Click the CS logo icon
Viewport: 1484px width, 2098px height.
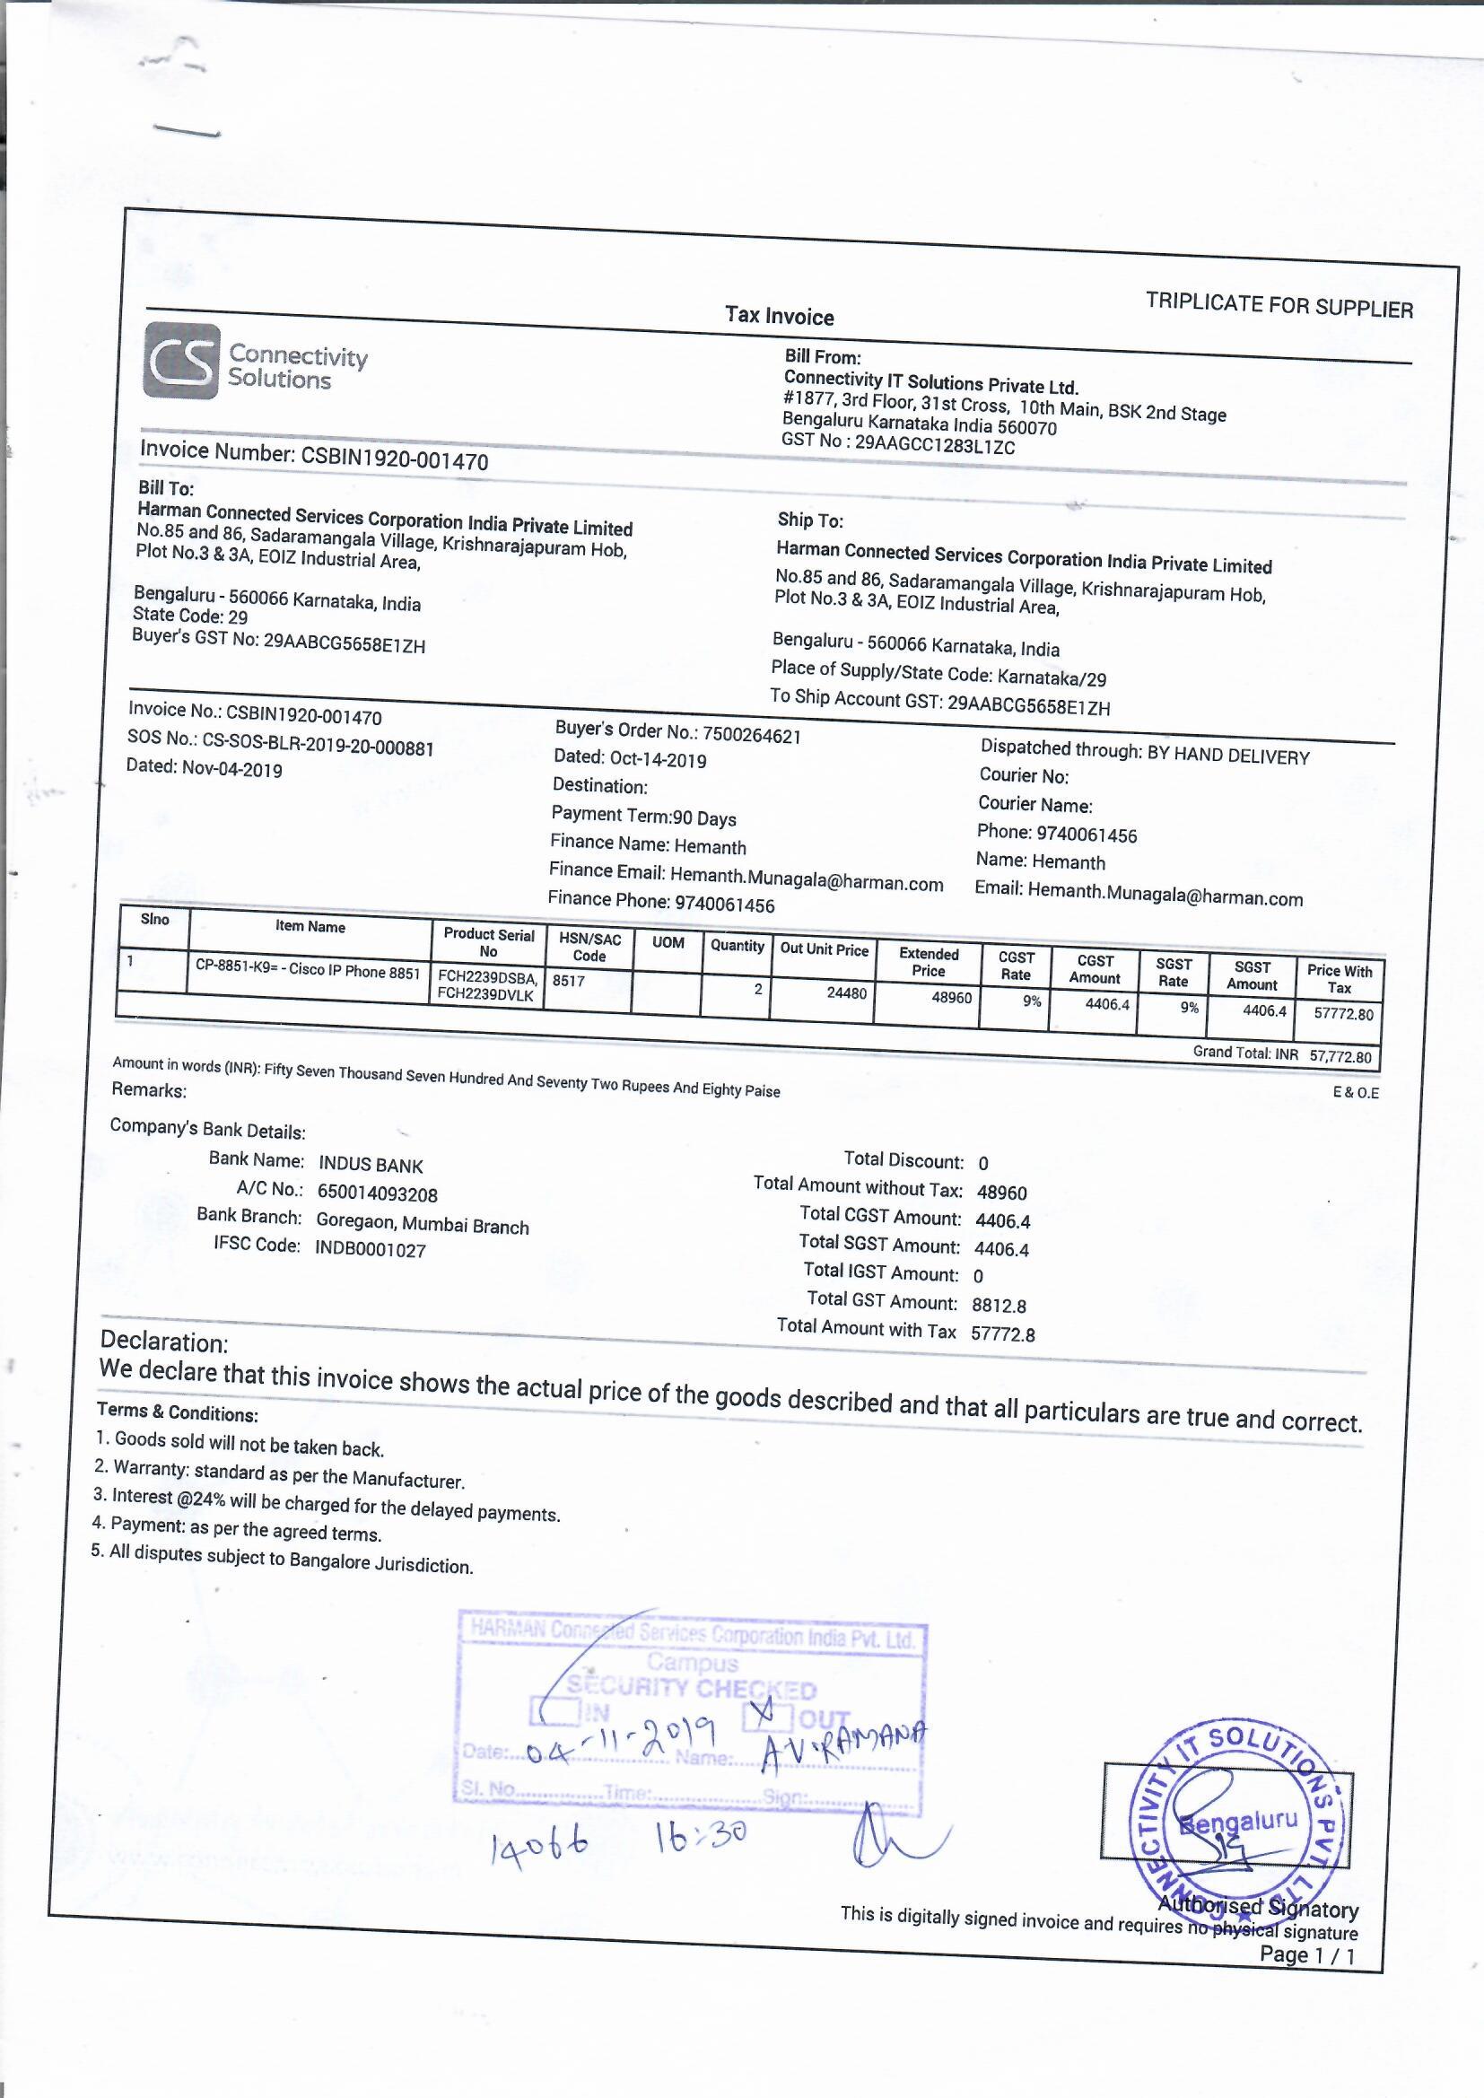click(x=181, y=362)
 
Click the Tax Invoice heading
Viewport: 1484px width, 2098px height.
click(x=780, y=317)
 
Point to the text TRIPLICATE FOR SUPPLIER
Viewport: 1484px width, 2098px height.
click(x=1279, y=305)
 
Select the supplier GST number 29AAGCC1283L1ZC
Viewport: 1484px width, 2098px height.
click(x=934, y=447)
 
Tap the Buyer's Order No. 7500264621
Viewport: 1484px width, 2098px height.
click(x=751, y=736)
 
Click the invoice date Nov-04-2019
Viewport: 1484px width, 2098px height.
click(x=232, y=768)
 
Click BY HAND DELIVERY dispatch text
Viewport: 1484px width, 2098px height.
click(x=1228, y=756)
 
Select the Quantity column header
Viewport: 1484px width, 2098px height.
click(x=737, y=946)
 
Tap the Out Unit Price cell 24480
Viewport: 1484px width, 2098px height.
click(x=846, y=992)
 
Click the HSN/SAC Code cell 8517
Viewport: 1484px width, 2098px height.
click(x=568, y=981)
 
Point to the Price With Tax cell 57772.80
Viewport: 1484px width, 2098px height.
click(x=1343, y=1013)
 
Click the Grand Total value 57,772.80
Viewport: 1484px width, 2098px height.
click(x=1340, y=1056)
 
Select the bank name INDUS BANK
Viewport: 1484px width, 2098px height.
click(x=371, y=1165)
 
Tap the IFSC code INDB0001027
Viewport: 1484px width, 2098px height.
click(x=371, y=1249)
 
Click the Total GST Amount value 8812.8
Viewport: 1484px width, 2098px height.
click(x=999, y=1306)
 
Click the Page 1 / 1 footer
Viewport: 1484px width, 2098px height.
click(x=1306, y=1954)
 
